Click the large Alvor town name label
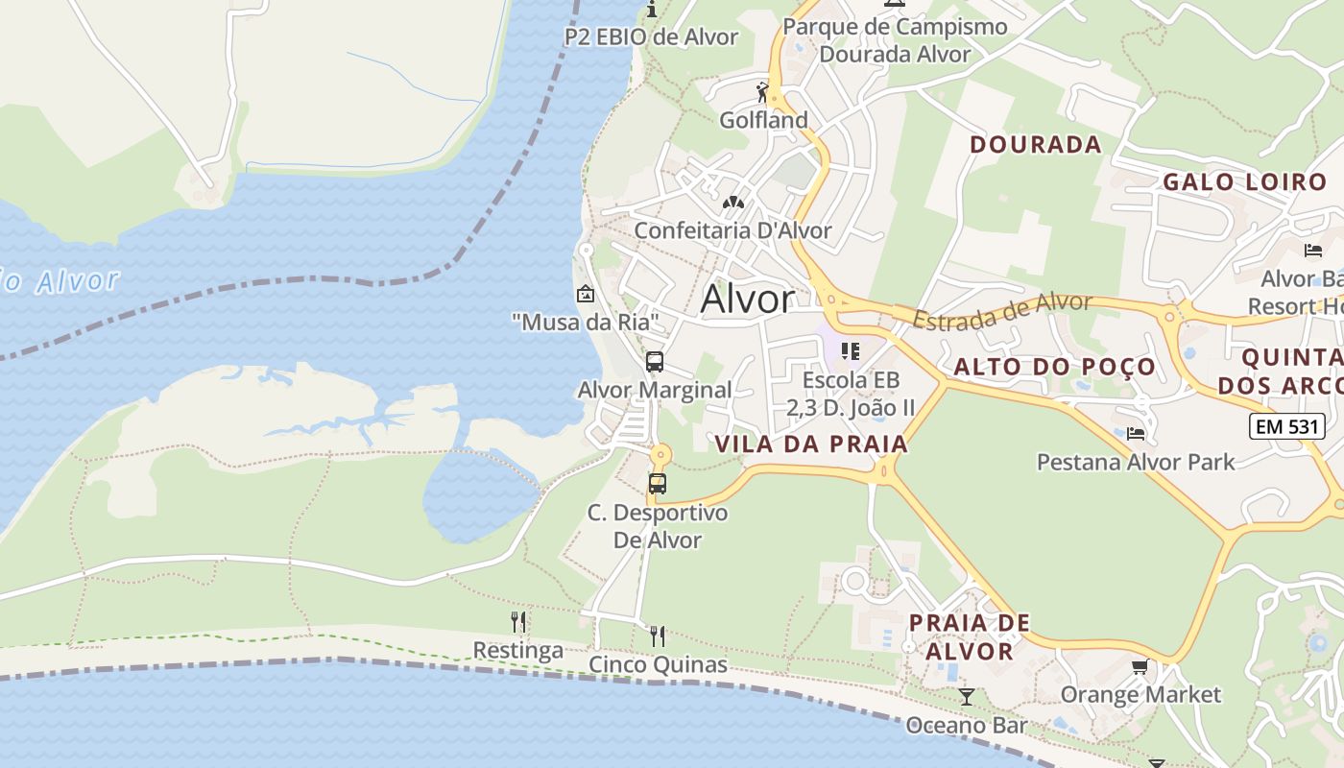[x=748, y=300]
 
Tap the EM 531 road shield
[x=1287, y=426]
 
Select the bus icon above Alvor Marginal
[x=655, y=362]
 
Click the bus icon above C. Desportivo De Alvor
[x=658, y=484]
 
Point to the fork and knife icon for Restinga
[x=518, y=622]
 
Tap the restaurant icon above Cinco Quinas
[x=658, y=636]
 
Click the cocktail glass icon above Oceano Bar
[x=967, y=697]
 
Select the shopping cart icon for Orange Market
[x=1140, y=666]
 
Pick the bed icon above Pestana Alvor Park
[x=1136, y=434]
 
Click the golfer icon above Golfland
[x=762, y=92]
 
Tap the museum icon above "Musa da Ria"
[x=585, y=294]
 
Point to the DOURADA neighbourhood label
[x=1036, y=145]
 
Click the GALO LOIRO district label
[x=1244, y=181]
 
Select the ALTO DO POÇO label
[x=1055, y=367]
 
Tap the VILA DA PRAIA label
[x=812, y=444]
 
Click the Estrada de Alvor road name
[x=1002, y=312]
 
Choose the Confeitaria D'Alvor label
[x=732, y=230]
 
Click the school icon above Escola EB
[x=851, y=351]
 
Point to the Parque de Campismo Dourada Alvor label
[x=895, y=40]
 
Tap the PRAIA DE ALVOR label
[x=969, y=636]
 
